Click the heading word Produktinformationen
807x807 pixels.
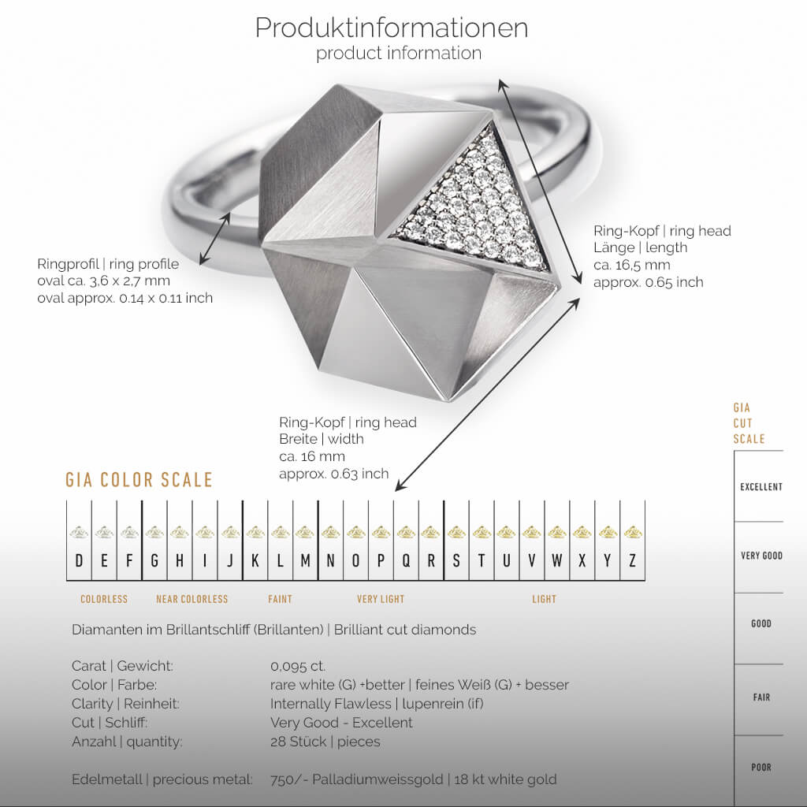pyautogui.click(x=391, y=28)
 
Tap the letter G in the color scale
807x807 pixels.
pyautogui.click(x=154, y=561)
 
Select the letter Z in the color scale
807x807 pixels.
pyautogui.click(x=632, y=561)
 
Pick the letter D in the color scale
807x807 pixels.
pyautogui.click(x=79, y=561)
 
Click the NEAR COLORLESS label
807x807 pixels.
pyautogui.click(x=192, y=599)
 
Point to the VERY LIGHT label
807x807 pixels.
pyautogui.click(x=381, y=599)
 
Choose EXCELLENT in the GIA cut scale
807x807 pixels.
pyautogui.click(x=761, y=487)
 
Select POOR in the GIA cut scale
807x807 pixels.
pyautogui.click(x=761, y=767)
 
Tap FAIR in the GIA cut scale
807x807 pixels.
pyautogui.click(x=761, y=697)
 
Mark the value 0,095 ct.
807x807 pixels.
pyautogui.click(x=298, y=666)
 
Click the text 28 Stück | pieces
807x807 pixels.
pyautogui.click(x=325, y=742)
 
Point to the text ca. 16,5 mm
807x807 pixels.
pyautogui.click(x=632, y=265)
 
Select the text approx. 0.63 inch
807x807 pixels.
pyautogui.click(x=333, y=474)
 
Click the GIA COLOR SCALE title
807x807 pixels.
pyautogui.click(x=139, y=480)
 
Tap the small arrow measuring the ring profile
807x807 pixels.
pyautogui.click(x=214, y=238)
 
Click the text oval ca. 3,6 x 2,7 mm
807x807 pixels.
pyautogui.click(x=103, y=281)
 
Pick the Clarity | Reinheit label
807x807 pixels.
pyautogui.click(x=125, y=704)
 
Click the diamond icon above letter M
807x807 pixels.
pyautogui.click(x=304, y=532)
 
